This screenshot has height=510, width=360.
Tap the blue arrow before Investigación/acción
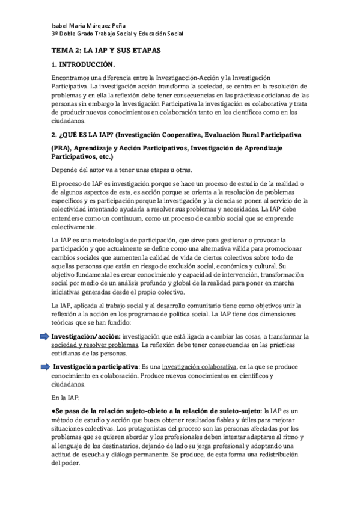(45, 336)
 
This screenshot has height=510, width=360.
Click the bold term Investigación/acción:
(86, 336)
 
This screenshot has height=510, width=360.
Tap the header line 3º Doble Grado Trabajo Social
(117, 34)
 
